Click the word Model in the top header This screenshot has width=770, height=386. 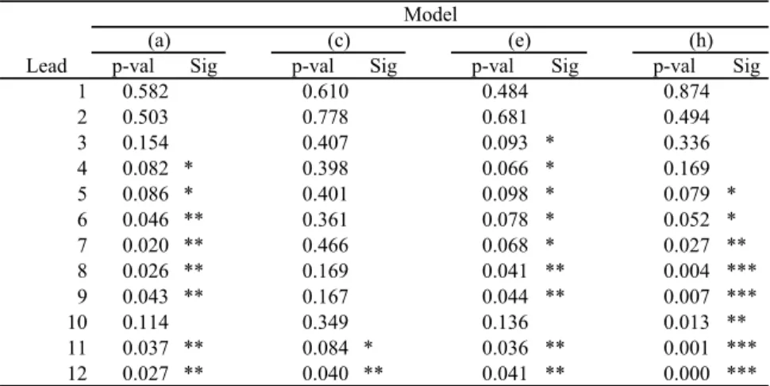(x=430, y=14)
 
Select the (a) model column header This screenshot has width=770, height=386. (x=159, y=41)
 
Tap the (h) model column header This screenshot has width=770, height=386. (x=700, y=41)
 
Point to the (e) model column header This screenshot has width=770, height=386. (x=518, y=41)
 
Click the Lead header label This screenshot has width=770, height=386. (x=47, y=66)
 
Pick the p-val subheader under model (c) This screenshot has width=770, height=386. (x=314, y=66)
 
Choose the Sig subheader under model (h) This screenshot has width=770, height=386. (x=746, y=66)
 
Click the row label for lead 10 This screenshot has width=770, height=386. (x=78, y=322)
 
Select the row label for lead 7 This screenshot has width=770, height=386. (x=82, y=245)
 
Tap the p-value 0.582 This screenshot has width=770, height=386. (x=145, y=91)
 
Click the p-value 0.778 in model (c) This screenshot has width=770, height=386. (x=325, y=117)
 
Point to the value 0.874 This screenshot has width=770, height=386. (x=687, y=91)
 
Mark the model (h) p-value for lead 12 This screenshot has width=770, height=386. (x=687, y=374)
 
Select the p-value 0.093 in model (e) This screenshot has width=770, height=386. (x=505, y=142)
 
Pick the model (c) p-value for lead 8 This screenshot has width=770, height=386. (x=325, y=271)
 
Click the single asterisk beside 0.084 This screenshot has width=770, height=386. (x=368, y=345)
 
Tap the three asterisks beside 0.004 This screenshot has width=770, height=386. (x=742, y=268)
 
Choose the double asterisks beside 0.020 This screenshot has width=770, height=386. (x=194, y=243)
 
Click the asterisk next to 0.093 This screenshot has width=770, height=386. (x=550, y=141)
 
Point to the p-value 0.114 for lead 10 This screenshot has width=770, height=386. (x=145, y=322)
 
